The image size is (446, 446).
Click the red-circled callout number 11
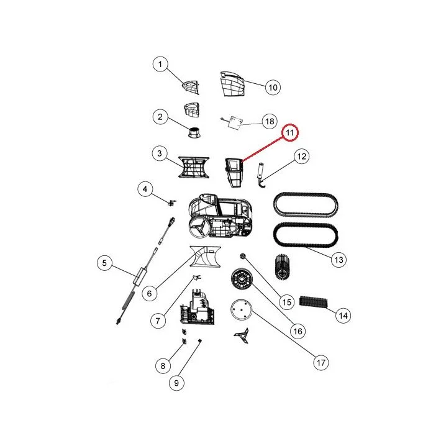[x=289, y=132]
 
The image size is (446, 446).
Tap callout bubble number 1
[x=160, y=64]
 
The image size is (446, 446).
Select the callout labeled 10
[x=273, y=88]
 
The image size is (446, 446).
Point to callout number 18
[x=270, y=121]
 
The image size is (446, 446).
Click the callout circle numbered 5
[x=104, y=263]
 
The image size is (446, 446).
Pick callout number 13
[x=339, y=260]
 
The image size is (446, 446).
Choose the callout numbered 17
[x=321, y=363]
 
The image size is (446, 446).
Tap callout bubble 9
[x=176, y=383]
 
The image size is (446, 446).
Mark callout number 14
[x=343, y=316]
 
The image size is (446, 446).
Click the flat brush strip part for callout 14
[x=313, y=301]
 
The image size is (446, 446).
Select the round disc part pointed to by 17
[x=241, y=310]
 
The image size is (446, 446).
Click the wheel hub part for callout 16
[x=242, y=279]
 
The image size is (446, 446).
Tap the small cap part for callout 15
[x=243, y=256]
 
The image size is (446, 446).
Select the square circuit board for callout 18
[x=237, y=122]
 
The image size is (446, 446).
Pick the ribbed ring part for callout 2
[x=194, y=132]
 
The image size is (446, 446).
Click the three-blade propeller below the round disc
[x=242, y=335]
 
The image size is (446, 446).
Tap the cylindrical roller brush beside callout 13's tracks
[x=282, y=267]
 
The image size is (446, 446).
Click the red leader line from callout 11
[x=262, y=150]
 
